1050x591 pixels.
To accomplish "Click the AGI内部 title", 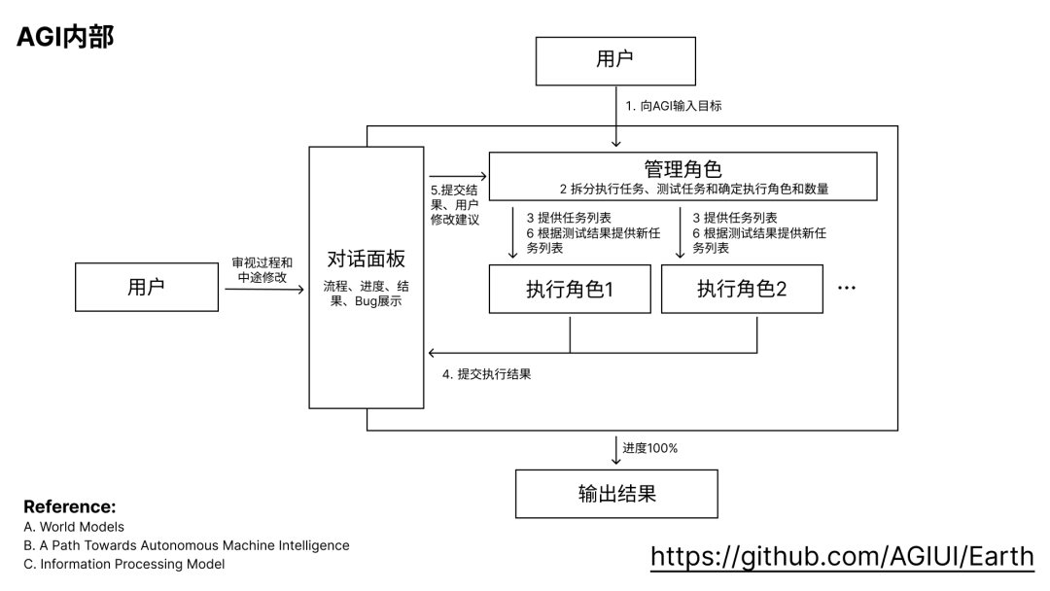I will (x=64, y=37).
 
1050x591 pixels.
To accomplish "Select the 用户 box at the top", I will (x=614, y=60).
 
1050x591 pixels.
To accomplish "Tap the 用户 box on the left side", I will (x=147, y=287).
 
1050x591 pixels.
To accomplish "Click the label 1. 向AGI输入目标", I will (x=674, y=105).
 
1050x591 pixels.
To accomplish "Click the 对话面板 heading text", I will (x=366, y=260).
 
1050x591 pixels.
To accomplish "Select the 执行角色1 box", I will (x=569, y=289).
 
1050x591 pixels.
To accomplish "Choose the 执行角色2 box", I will (x=741, y=289).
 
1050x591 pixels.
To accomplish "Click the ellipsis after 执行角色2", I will (x=846, y=289).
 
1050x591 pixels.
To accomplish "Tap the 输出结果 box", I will (x=616, y=494).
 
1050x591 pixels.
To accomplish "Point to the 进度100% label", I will (x=650, y=448).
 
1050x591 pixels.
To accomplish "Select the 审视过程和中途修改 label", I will (x=262, y=270).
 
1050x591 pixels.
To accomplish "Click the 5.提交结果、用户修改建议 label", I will (x=455, y=204).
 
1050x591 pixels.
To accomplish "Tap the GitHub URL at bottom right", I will (x=842, y=556).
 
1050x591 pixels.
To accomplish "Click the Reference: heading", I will (x=69, y=506).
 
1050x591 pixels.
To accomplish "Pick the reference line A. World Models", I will (x=75, y=527).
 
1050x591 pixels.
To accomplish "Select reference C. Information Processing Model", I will (x=124, y=564).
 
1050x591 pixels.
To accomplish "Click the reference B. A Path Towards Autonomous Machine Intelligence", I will (x=187, y=545).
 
